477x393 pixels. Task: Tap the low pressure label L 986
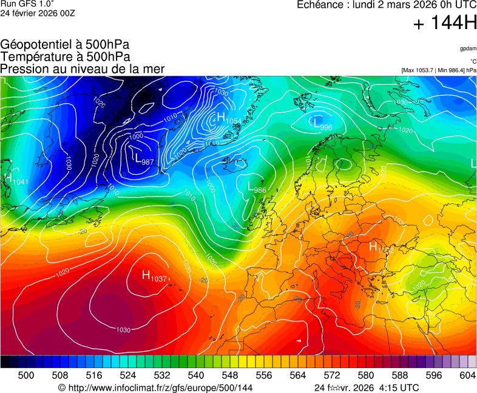[257, 187]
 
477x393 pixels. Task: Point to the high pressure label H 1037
[154, 276]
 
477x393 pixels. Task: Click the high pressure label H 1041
[15, 179]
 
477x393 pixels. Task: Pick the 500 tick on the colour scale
[26, 375]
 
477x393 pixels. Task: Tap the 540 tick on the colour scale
[196, 375]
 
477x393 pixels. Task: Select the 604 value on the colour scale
[467, 375]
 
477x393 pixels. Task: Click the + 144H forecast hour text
[445, 24]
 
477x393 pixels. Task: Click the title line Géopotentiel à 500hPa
[65, 45]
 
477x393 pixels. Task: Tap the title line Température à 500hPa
[65, 56]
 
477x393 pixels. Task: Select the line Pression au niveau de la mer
[83, 69]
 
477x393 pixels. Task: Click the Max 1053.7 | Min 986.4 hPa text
[439, 70]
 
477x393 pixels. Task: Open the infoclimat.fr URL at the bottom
[155, 388]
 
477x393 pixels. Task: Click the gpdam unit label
[468, 49]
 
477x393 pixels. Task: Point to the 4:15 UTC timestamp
[399, 388]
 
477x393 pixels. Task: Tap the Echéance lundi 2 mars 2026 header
[387, 5]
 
